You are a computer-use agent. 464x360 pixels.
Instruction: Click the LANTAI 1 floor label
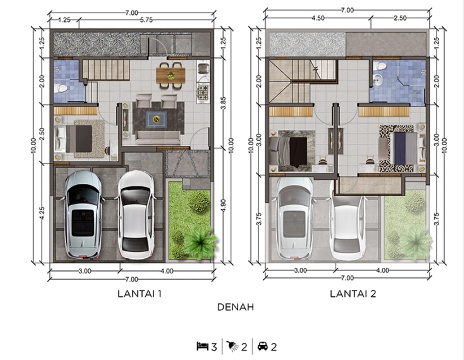coord(139,294)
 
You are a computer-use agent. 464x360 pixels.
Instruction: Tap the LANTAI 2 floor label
coord(353,294)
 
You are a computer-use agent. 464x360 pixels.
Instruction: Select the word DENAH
coord(235,307)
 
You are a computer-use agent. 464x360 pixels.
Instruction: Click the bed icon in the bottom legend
coord(203,346)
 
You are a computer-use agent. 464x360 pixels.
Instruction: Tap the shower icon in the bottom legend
coord(232,346)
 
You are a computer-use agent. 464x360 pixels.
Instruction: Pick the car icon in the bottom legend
coord(263,346)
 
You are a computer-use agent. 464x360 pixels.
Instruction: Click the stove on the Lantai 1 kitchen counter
coord(203,92)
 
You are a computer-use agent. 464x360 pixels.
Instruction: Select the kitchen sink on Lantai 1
coord(203,69)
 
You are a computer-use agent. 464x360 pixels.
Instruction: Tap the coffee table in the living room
coord(156,119)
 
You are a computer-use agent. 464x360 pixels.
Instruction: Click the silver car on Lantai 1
coord(83,214)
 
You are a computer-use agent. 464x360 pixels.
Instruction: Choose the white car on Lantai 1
coord(136,215)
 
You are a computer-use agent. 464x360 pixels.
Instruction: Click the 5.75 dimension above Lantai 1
coord(146,20)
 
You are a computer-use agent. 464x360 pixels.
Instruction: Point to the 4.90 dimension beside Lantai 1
coord(223,206)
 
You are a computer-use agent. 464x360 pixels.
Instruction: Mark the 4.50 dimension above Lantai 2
coord(318,18)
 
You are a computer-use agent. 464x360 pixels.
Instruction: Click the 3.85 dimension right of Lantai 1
coord(223,103)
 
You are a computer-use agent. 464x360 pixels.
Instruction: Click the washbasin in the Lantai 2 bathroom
coord(378,79)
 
